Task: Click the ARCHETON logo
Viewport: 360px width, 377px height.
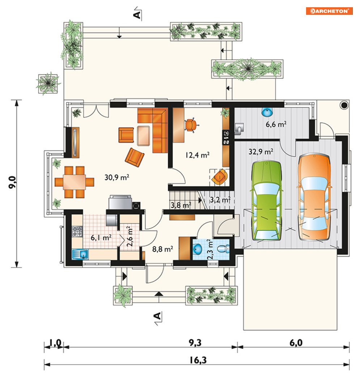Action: tap(329, 11)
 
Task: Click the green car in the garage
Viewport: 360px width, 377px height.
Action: tap(266, 201)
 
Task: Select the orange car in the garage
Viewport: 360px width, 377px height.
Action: tap(314, 197)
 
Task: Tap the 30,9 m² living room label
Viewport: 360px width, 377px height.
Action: tap(117, 177)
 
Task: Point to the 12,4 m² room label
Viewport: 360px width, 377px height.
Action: tap(197, 155)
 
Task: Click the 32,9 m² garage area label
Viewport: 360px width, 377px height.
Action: tap(261, 152)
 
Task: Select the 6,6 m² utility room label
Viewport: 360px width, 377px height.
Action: tap(276, 124)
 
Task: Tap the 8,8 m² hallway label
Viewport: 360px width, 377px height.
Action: tap(162, 249)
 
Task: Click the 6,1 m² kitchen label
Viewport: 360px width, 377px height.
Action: tap(101, 238)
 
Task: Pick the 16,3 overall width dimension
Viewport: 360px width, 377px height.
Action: tap(198, 360)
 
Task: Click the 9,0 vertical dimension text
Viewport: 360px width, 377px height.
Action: tap(13, 182)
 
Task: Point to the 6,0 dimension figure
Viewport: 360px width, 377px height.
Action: tap(296, 343)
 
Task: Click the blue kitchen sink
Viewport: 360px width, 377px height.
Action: tap(80, 254)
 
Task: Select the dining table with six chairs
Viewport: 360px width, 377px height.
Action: tap(74, 182)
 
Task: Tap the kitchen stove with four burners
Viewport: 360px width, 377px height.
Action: tap(77, 232)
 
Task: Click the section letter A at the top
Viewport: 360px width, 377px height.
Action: tap(137, 15)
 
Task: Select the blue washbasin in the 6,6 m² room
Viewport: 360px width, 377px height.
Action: tap(267, 112)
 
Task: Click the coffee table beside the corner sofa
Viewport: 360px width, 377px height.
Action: tap(143, 136)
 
